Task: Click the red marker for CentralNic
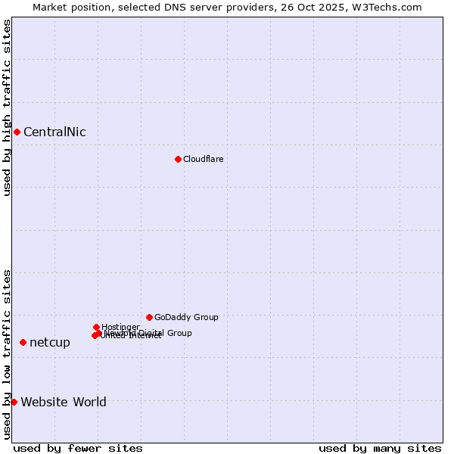(17, 132)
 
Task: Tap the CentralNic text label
(54, 132)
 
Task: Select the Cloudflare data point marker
(178, 159)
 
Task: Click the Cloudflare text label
(203, 159)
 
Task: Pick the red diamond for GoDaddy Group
(149, 317)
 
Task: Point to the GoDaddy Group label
(186, 317)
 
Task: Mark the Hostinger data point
(96, 327)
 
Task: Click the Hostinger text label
(120, 327)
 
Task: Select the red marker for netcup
(23, 343)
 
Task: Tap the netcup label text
(50, 343)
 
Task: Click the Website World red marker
(14, 402)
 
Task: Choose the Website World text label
(64, 402)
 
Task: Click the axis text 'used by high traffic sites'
(8, 107)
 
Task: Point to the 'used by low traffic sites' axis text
(8, 354)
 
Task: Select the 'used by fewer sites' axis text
(78, 448)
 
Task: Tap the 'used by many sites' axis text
(380, 448)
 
